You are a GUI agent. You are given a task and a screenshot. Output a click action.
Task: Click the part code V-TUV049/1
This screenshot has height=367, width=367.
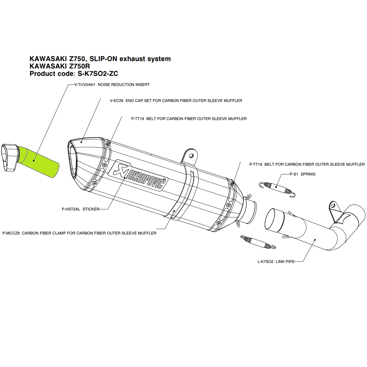85,85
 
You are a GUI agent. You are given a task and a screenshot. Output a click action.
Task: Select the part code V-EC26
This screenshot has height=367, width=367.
117,101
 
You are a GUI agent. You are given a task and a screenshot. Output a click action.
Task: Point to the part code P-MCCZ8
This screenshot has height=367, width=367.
11,233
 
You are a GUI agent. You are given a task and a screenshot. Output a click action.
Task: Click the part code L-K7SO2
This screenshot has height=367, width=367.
266,262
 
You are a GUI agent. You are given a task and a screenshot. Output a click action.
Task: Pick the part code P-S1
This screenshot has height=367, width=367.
294,174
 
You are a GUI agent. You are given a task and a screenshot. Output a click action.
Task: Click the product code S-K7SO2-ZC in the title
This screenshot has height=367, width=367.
98,74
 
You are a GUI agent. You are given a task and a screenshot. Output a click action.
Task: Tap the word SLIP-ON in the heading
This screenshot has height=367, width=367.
103,59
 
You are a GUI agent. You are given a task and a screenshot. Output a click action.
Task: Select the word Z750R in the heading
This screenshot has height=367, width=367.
79,66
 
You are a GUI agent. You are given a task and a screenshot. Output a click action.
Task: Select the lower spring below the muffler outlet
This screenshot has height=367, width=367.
258,242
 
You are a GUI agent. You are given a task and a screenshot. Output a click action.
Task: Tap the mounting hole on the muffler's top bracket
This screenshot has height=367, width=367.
192,156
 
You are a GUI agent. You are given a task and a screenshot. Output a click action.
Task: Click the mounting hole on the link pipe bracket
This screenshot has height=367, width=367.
333,206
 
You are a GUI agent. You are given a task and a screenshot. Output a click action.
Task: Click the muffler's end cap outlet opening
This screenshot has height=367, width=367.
73,162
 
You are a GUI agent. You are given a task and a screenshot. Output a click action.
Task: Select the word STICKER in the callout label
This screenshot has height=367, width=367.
91,209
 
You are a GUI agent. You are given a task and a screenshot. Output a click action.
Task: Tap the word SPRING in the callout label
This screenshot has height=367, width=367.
308,174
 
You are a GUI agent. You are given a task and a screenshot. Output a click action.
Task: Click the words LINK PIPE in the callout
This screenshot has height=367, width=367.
285,262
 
